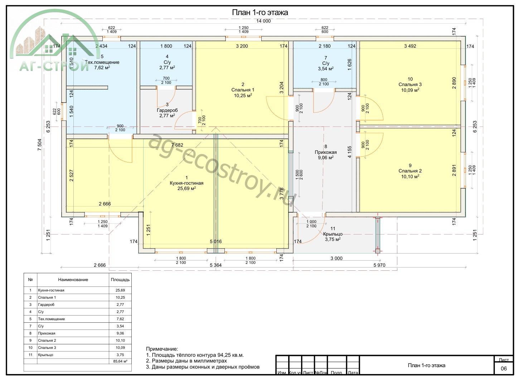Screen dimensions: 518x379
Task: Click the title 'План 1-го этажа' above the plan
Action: [x=260, y=13]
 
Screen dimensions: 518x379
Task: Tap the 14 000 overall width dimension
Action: [x=263, y=21]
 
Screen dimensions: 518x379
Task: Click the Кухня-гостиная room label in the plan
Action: [x=187, y=183]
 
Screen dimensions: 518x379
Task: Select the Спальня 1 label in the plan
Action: [x=243, y=90]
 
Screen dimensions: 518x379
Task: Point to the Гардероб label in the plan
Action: [x=167, y=110]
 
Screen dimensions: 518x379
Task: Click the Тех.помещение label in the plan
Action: [x=102, y=62]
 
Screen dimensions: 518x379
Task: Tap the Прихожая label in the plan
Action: [x=326, y=152]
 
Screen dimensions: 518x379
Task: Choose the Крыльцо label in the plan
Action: [x=333, y=234]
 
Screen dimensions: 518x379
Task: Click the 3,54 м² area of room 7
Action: [x=326, y=68]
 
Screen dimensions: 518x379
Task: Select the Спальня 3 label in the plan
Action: [x=410, y=85]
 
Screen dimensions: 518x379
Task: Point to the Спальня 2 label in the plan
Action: [x=410, y=171]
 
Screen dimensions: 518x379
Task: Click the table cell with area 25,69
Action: [x=120, y=290]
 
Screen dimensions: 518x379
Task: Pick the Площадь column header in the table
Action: [x=120, y=280]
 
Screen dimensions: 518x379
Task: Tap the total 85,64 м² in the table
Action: [x=120, y=361]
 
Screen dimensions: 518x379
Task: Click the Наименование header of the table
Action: [x=73, y=280]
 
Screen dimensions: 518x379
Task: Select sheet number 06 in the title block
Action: [x=504, y=368]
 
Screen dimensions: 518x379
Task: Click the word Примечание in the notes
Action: [x=162, y=349]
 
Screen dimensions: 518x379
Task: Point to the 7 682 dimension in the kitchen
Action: [x=177, y=145]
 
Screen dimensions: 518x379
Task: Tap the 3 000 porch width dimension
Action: [x=337, y=258]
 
